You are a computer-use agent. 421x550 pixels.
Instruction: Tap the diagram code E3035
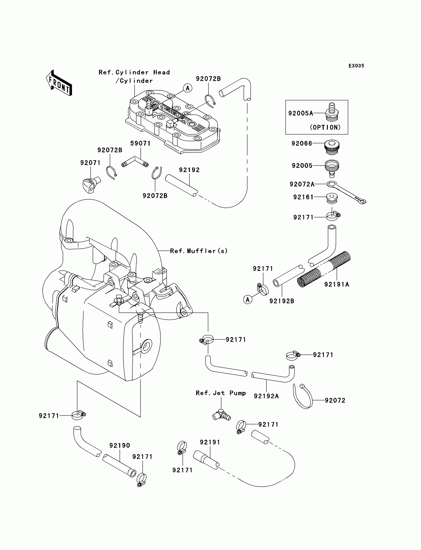click(356, 66)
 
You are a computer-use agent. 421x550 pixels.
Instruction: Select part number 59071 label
click(140, 143)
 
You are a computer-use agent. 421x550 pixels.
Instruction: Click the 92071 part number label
click(90, 163)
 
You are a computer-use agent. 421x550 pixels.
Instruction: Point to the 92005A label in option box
click(300, 113)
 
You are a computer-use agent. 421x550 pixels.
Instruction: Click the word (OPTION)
click(325, 127)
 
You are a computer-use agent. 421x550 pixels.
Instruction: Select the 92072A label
click(302, 184)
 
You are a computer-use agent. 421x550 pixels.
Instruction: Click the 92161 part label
click(303, 197)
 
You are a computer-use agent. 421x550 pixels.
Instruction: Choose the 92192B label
click(282, 301)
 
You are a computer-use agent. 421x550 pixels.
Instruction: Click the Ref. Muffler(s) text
click(199, 251)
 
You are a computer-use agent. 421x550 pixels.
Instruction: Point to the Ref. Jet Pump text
click(220, 393)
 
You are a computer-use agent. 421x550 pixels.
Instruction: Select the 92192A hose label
click(266, 396)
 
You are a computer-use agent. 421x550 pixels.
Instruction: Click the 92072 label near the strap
click(335, 400)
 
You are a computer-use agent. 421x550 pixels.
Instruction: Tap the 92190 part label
click(120, 445)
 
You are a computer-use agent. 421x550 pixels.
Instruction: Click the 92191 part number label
click(210, 442)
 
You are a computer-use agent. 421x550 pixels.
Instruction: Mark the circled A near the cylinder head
click(187, 88)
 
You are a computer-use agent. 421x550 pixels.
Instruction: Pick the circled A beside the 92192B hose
click(248, 299)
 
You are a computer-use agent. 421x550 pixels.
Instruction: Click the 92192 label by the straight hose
click(189, 170)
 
